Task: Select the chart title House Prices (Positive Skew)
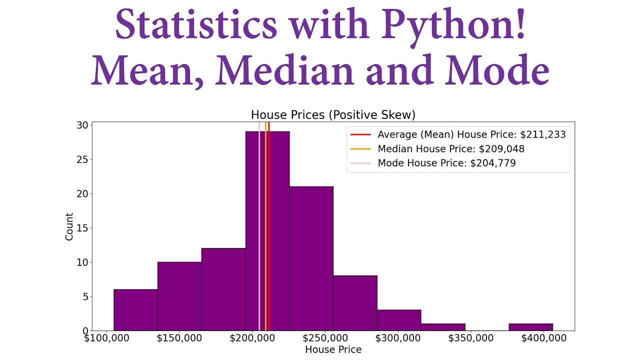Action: [x=333, y=115]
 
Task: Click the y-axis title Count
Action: [x=69, y=226]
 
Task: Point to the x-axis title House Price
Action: [x=333, y=349]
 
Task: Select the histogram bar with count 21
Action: [x=311, y=258]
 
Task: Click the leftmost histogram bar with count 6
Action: [x=135, y=310]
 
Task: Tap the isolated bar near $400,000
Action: [x=530, y=327]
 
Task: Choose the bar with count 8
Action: [x=355, y=303]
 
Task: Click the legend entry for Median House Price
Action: [x=451, y=149]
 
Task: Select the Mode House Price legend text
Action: [x=446, y=163]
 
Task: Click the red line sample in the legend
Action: [x=360, y=134]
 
